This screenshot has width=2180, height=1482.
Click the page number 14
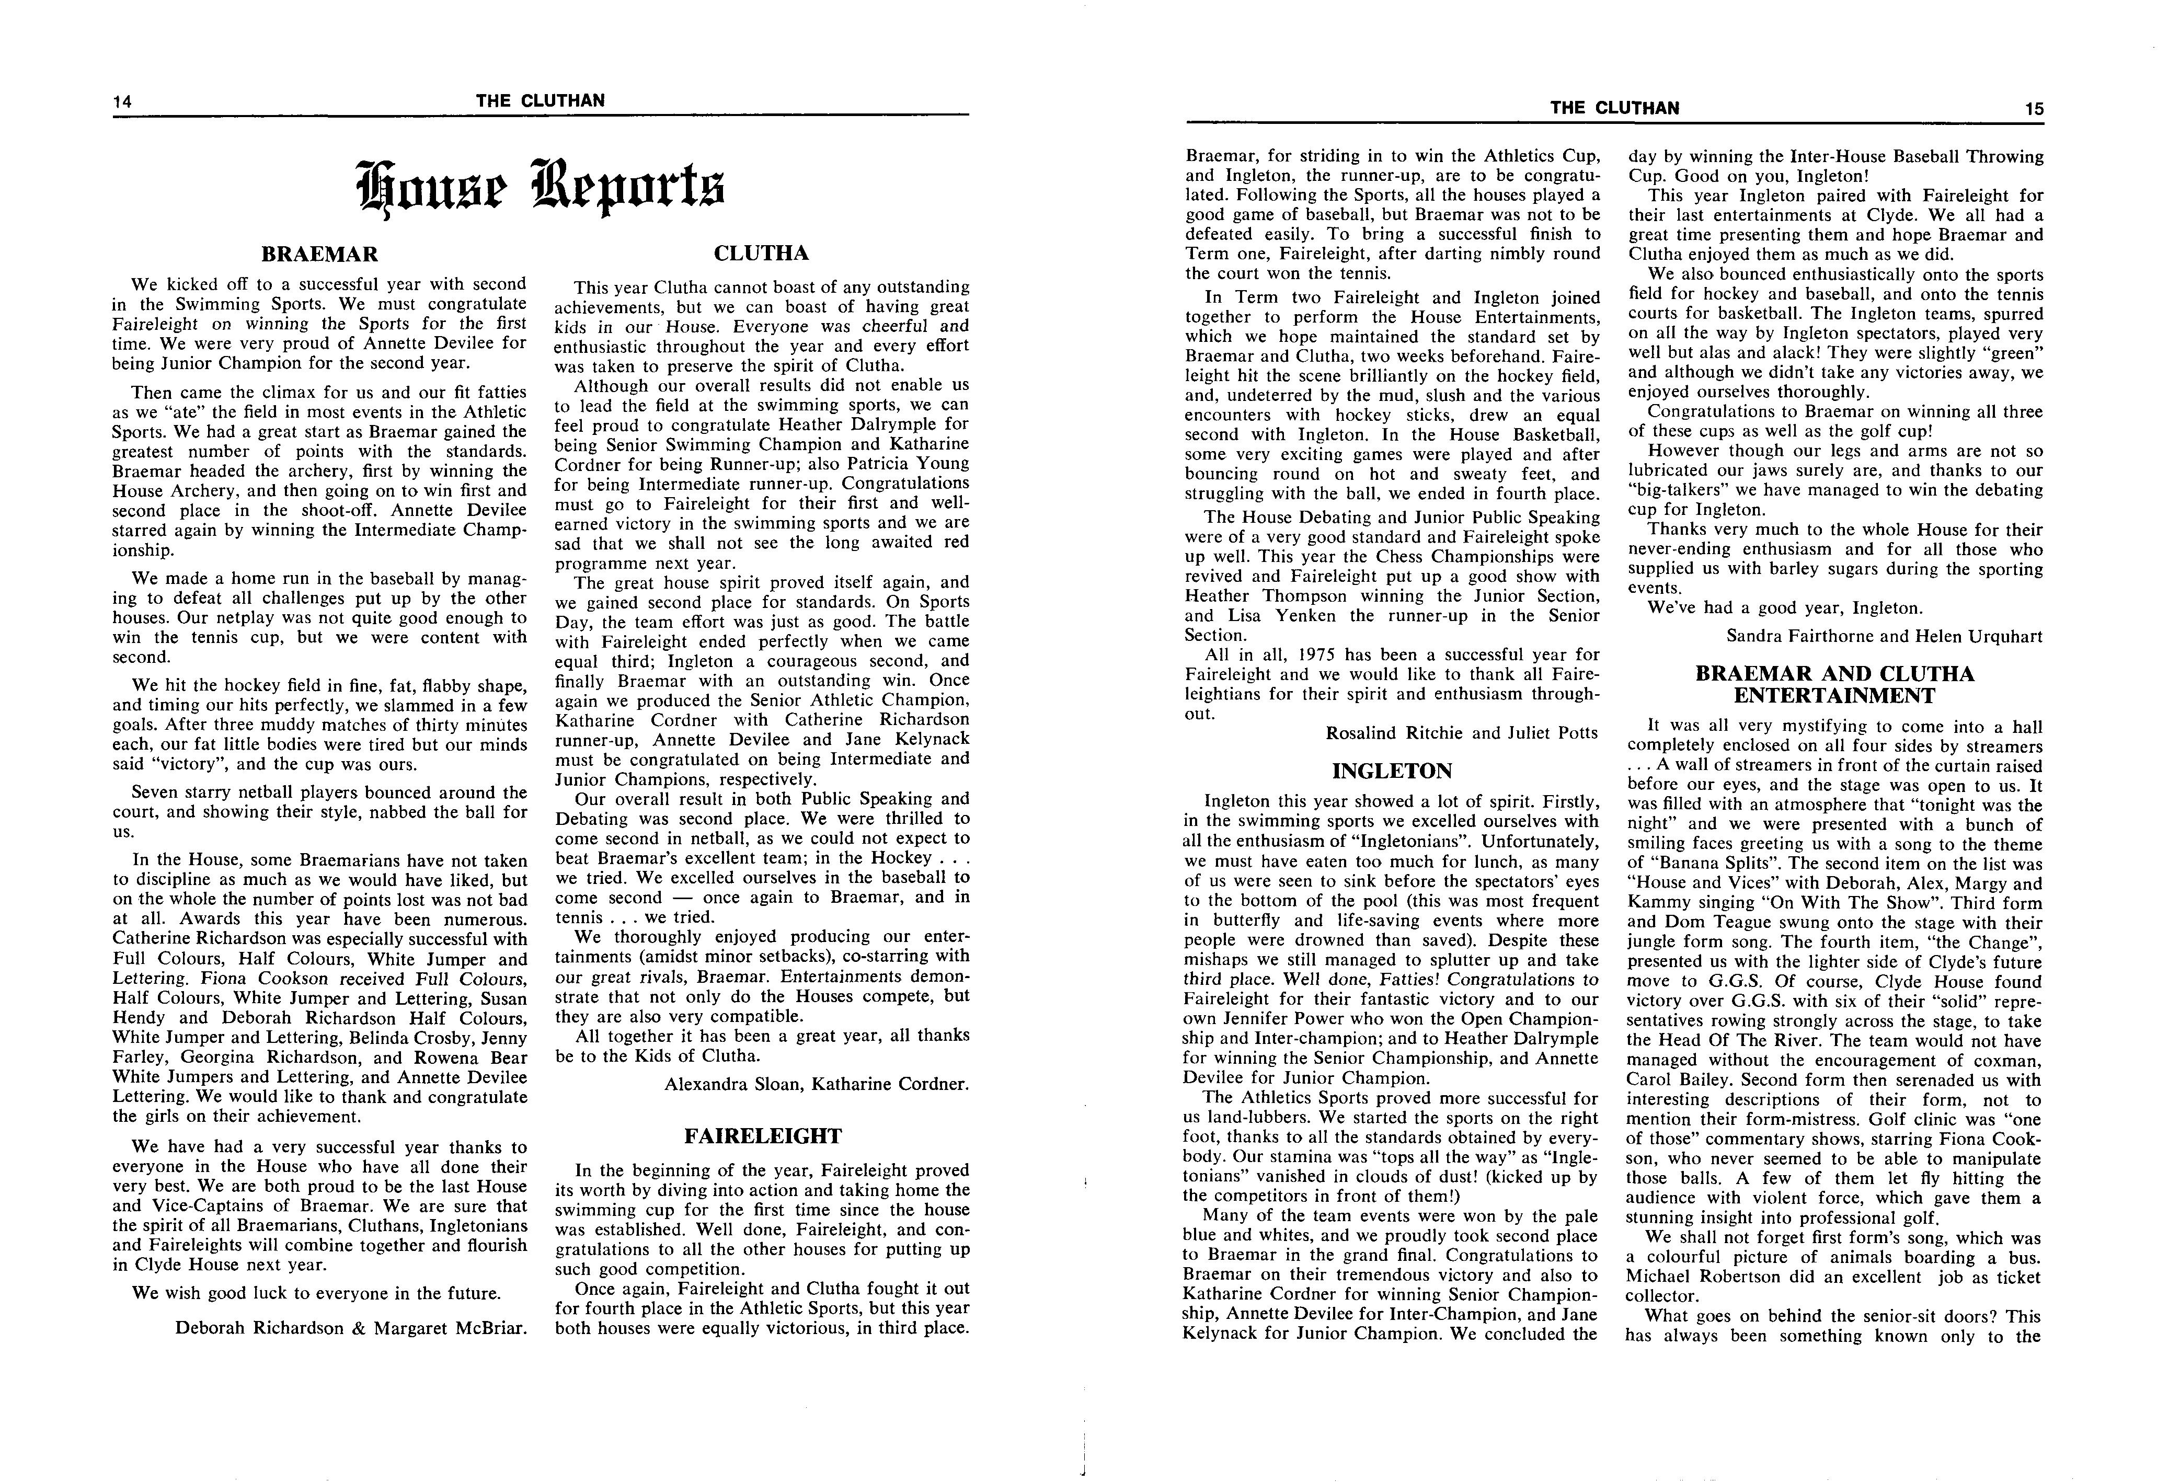click(x=122, y=101)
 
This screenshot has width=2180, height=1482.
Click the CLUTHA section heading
click(x=761, y=253)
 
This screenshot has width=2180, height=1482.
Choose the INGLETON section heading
click(x=1392, y=771)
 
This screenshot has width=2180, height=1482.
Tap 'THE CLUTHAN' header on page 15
click(x=1614, y=108)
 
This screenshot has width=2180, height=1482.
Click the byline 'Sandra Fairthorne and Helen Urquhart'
click(x=1884, y=636)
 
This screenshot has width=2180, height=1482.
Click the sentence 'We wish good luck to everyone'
click(x=316, y=1293)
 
